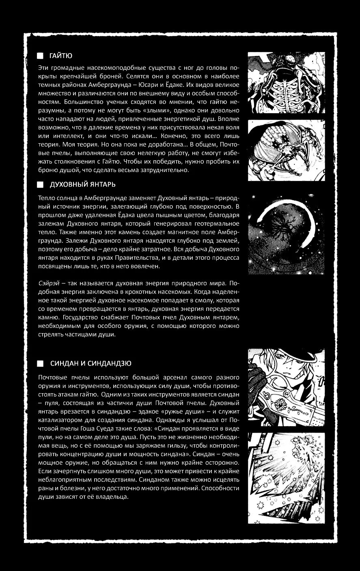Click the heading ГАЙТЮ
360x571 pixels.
[61, 56]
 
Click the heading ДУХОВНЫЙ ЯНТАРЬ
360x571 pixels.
[82, 185]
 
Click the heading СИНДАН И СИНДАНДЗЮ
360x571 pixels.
[91, 363]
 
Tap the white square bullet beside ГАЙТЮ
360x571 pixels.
[40, 56]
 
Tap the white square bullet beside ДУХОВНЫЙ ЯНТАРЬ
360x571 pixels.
[40, 185]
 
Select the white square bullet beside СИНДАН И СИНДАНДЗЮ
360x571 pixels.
[40, 363]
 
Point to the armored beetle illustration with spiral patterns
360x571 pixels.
[286, 83]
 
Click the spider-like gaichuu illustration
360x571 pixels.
[286, 150]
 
